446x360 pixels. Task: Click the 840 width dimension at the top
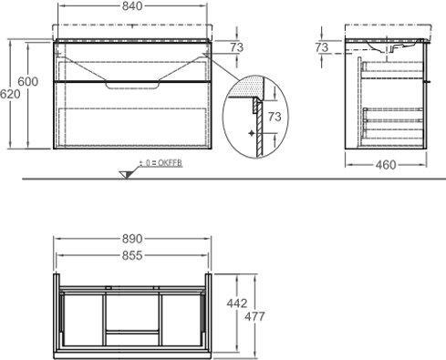click(x=132, y=6)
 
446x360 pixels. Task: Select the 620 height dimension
click(x=10, y=94)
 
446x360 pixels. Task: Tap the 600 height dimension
click(x=28, y=81)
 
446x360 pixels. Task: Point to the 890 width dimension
click(x=132, y=239)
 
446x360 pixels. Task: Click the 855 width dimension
click(x=132, y=256)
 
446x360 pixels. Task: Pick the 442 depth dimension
click(x=237, y=303)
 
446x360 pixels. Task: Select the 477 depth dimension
click(x=254, y=316)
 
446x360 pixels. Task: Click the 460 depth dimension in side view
click(x=386, y=165)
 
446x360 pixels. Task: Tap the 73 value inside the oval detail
click(x=275, y=117)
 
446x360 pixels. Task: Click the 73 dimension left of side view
click(x=322, y=47)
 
